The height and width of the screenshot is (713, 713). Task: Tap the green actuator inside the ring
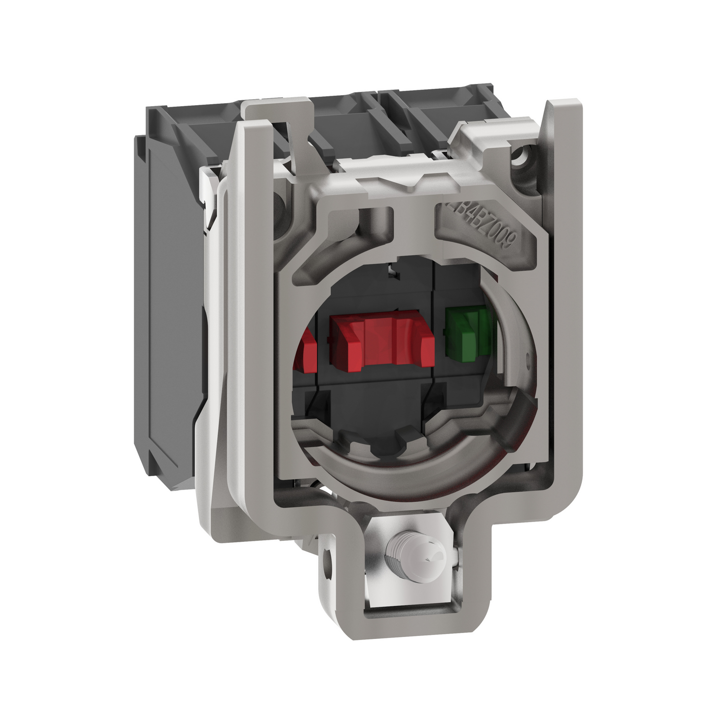pyautogui.click(x=466, y=332)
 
